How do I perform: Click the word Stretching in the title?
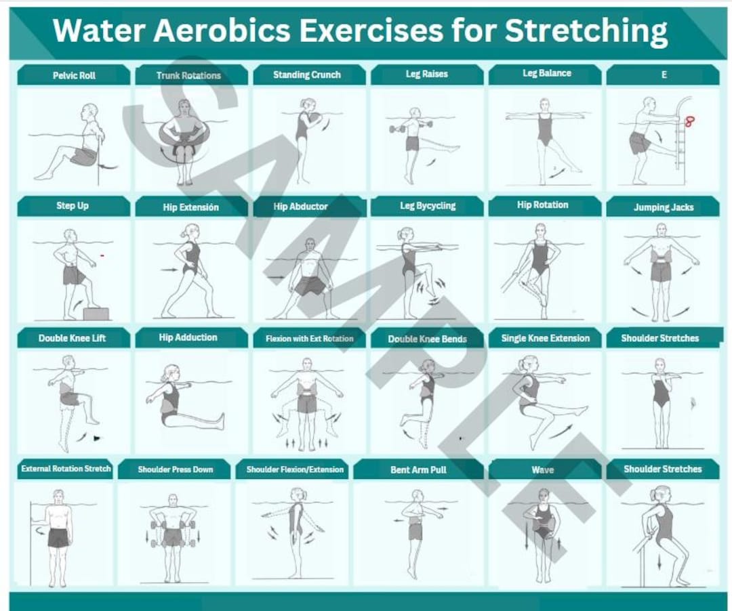pyautogui.click(x=586, y=31)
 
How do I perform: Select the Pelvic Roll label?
pyautogui.click(x=74, y=75)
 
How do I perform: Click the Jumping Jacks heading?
pyautogui.click(x=663, y=207)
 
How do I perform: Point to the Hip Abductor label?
pyautogui.click(x=300, y=207)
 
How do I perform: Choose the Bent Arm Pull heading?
pyautogui.click(x=418, y=469)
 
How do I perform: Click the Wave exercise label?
pyautogui.click(x=542, y=469)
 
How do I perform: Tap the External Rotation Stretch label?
pyautogui.click(x=66, y=469)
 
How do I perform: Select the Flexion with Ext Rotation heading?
pyautogui.click(x=309, y=339)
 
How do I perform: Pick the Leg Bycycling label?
pyautogui.click(x=427, y=206)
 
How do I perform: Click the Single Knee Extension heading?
pyautogui.click(x=545, y=338)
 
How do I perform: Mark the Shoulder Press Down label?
pyautogui.click(x=175, y=469)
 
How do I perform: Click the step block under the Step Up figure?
pyautogui.click(x=96, y=314)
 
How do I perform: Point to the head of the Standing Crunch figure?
pyautogui.click(x=308, y=104)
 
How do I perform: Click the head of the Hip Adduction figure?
pyautogui.click(x=167, y=373)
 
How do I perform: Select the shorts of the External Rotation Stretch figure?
pyautogui.click(x=58, y=538)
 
